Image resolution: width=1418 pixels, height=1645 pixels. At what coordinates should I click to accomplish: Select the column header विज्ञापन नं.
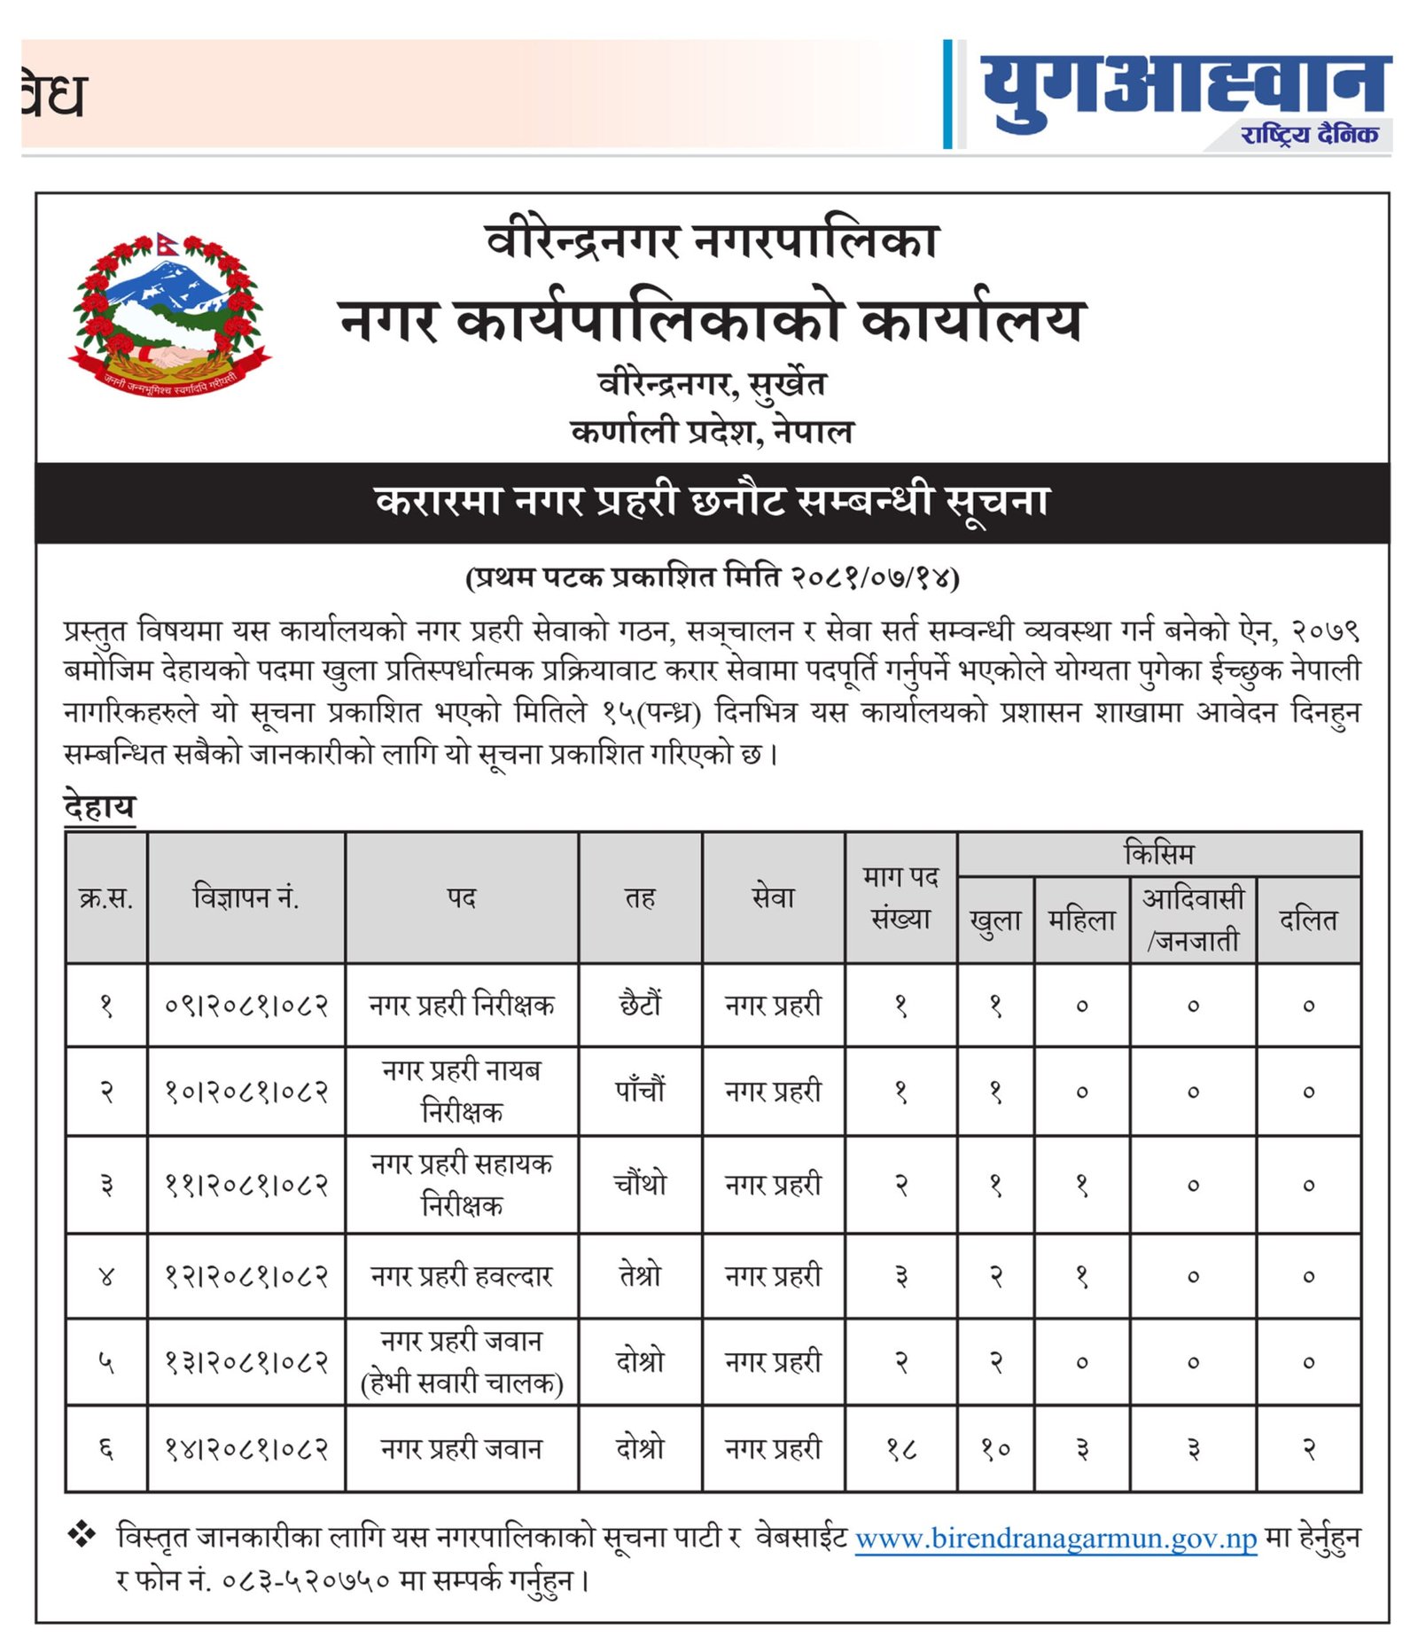[245, 897]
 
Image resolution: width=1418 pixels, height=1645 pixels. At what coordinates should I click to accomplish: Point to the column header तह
[640, 897]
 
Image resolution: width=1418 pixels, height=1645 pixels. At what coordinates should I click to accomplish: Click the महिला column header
[1081, 920]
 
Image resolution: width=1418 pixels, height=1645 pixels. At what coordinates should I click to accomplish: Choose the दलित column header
[1308, 920]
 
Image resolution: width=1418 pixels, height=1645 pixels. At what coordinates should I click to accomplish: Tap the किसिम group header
[1158, 853]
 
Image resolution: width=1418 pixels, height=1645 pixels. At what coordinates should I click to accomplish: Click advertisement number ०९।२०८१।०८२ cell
[245, 1005]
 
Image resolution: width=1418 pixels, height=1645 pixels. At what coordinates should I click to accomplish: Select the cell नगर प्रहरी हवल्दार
[461, 1275]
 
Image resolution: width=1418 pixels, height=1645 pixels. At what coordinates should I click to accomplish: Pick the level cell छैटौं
[640, 1005]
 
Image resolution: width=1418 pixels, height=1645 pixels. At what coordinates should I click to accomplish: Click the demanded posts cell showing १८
[900, 1449]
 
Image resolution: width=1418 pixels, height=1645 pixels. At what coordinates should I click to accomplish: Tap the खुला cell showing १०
[995, 1449]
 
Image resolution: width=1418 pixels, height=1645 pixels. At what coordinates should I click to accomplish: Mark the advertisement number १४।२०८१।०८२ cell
[245, 1449]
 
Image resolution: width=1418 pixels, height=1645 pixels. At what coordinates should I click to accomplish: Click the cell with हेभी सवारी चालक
[461, 1383]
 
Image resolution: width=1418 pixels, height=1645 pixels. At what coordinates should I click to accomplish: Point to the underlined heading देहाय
[99, 807]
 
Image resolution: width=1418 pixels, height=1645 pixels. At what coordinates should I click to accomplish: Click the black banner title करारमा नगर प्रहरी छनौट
[712, 501]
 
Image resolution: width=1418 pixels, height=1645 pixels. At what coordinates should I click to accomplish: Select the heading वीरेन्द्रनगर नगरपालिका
[712, 241]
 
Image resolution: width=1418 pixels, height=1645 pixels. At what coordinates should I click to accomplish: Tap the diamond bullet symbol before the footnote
[82, 1534]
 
